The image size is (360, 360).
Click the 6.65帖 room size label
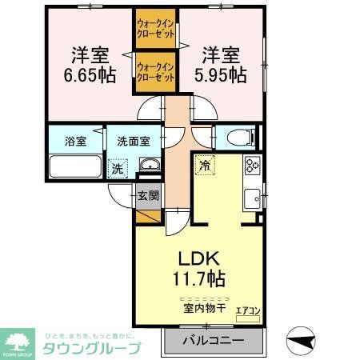point(90,75)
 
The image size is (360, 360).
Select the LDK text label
point(194,259)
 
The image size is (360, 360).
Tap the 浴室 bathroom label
point(76,142)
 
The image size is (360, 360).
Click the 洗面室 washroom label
point(134,142)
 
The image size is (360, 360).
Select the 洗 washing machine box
point(118,168)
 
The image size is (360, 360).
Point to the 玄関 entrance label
point(148,194)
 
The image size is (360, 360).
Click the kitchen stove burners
point(252,166)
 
